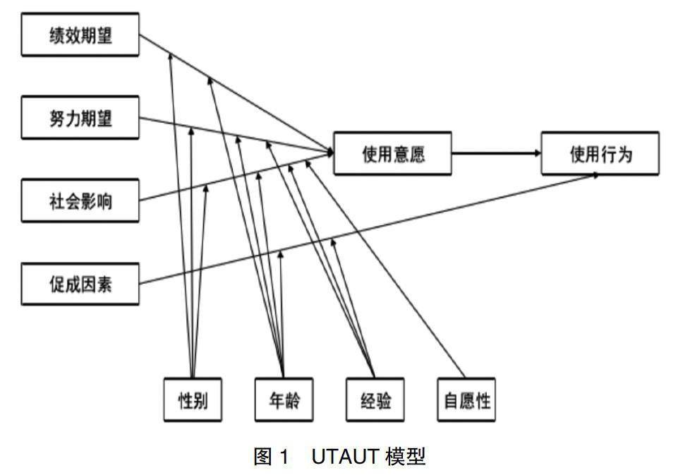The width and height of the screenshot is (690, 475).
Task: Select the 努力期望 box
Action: [x=80, y=118]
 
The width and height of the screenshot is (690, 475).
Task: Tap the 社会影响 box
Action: [x=80, y=201]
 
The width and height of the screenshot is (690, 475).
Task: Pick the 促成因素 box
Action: [x=80, y=284]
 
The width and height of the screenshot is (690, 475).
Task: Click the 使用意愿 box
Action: [x=392, y=153]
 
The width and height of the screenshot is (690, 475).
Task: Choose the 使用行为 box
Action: [x=600, y=153]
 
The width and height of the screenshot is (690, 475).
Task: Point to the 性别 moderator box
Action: [x=192, y=401]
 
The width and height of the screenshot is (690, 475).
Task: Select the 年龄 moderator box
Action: [x=283, y=401]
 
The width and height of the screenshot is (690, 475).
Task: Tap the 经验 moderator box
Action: [x=373, y=401]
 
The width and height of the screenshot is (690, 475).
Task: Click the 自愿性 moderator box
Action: [x=466, y=401]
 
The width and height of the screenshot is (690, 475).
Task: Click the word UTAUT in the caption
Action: [x=342, y=457]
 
